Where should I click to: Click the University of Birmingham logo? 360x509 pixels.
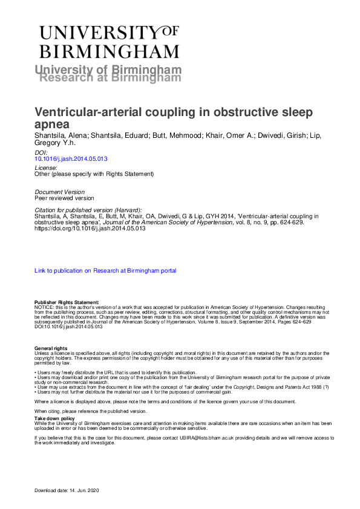coord(109,41)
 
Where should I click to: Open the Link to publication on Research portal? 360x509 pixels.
coord(105,271)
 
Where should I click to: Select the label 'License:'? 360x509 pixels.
coord(46,167)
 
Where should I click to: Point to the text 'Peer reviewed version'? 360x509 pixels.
coord(64,198)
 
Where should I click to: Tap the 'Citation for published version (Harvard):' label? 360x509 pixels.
coord(88,209)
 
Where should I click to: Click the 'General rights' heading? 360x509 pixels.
coord(51,349)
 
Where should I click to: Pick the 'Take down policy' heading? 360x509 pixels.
coord(54,418)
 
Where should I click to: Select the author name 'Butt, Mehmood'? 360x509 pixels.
coord(172,136)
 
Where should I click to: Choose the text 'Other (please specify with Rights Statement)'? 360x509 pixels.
coord(94,174)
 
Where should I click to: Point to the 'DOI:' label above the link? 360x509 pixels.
coord(41,153)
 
